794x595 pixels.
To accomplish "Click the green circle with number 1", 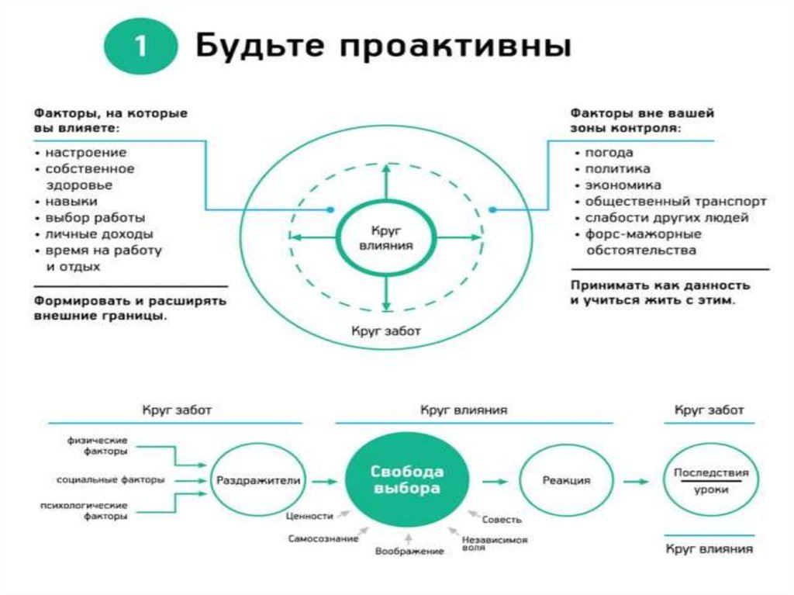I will click(x=141, y=47).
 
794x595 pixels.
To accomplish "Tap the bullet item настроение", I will click(x=85, y=153).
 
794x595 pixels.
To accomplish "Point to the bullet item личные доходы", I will click(x=98, y=234).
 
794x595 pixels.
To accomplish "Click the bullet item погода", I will click(x=609, y=153).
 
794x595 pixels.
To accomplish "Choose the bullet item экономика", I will click(x=623, y=185).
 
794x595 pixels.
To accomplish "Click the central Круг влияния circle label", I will click(x=386, y=237).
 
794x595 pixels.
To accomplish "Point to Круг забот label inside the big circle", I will click(x=385, y=331).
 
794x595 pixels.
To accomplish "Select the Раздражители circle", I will click(x=258, y=481).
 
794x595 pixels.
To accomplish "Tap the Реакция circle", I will click(x=565, y=481).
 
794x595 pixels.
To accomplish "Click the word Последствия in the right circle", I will click(x=710, y=472).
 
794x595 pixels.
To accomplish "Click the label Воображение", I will click(x=409, y=551).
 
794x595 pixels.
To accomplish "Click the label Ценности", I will click(x=309, y=515).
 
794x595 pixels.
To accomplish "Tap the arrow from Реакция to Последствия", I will click(x=637, y=482).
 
